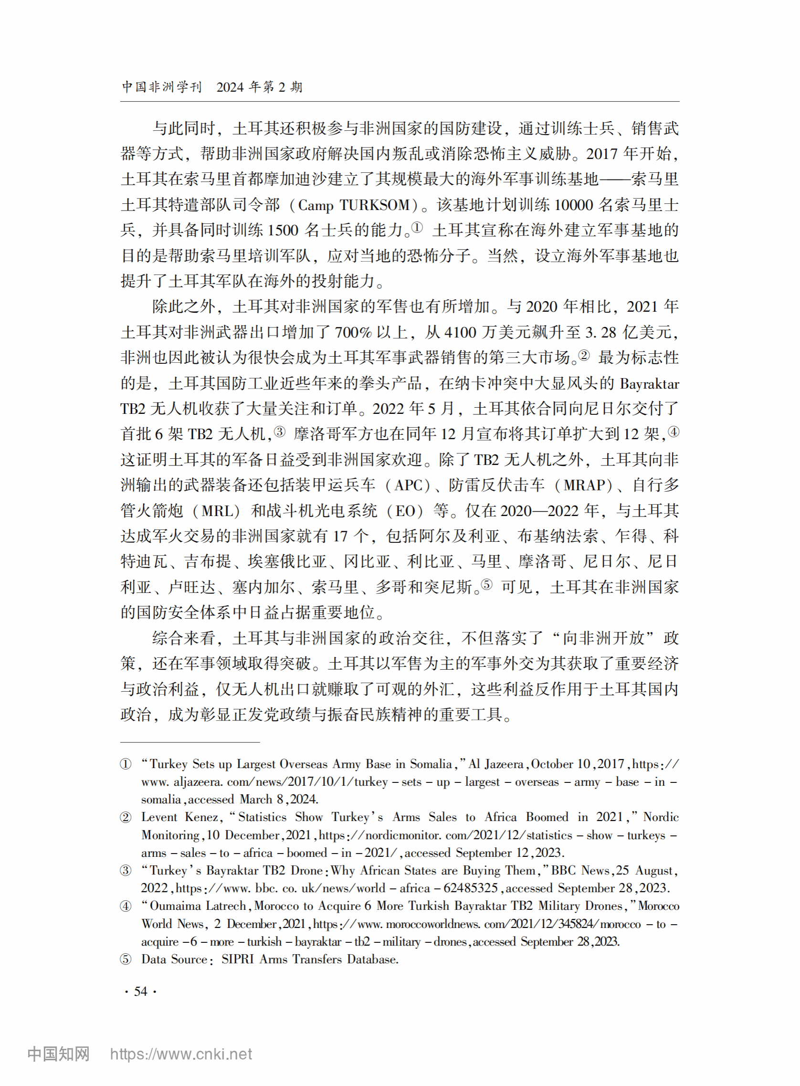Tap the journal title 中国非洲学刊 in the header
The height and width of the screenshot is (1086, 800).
pyautogui.click(x=161, y=87)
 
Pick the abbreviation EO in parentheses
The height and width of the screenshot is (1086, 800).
pyautogui.click(x=405, y=511)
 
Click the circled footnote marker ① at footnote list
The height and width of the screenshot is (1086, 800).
pyautogui.click(x=126, y=764)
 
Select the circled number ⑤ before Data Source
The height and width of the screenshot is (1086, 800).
pyautogui.click(x=126, y=959)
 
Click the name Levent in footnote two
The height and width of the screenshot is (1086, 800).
pyautogui.click(x=159, y=817)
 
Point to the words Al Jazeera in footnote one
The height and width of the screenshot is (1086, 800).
pyautogui.click(x=495, y=764)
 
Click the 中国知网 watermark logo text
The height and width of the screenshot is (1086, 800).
pyautogui.click(x=59, y=1054)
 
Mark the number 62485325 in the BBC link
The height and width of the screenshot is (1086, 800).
pyautogui.click(x=470, y=888)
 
